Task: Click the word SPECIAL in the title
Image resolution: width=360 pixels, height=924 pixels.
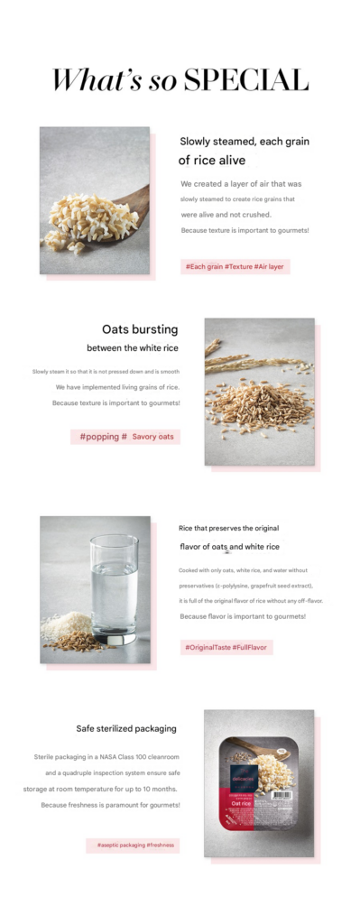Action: pyautogui.click(x=245, y=80)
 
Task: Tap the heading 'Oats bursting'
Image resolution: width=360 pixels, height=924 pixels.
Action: pyautogui.click(x=140, y=329)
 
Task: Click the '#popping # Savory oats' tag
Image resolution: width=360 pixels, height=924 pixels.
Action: pyautogui.click(x=125, y=437)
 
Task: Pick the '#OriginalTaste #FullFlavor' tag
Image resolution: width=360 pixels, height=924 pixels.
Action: pyautogui.click(x=226, y=647)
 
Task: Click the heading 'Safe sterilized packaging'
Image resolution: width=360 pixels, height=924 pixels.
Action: pyautogui.click(x=126, y=728)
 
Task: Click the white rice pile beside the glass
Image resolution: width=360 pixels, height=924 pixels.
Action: pyautogui.click(x=66, y=624)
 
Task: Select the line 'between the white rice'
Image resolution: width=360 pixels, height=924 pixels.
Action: pyautogui.click(x=133, y=348)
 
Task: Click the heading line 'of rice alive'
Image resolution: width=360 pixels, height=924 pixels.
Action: pyautogui.click(x=211, y=161)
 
